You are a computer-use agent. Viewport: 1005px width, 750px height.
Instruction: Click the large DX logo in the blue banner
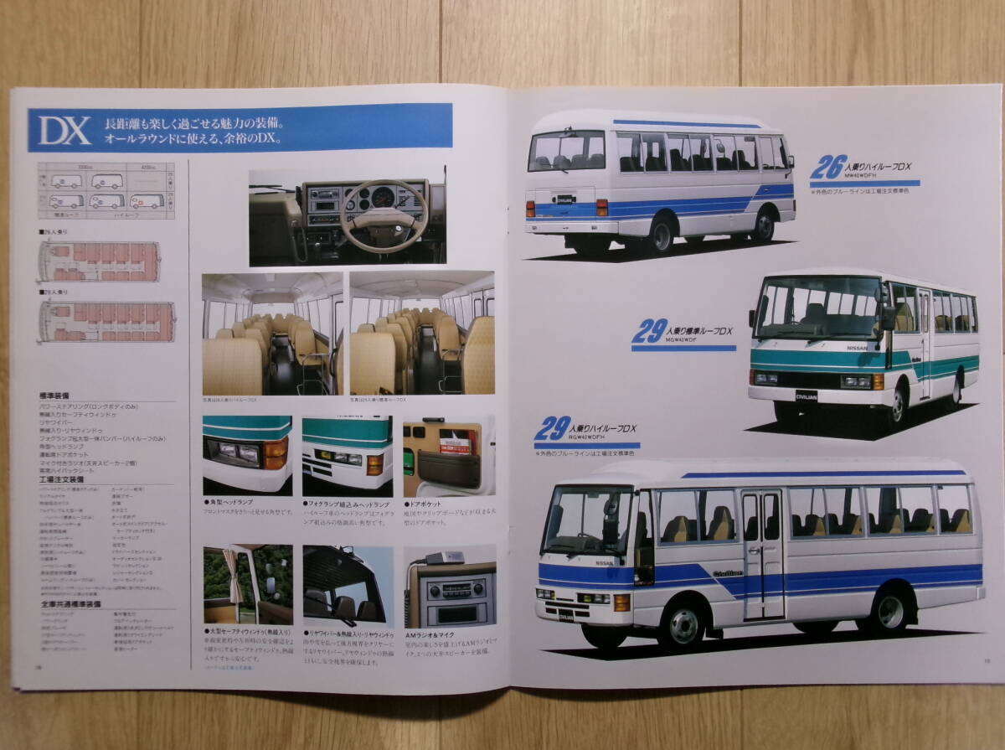pos(64,130)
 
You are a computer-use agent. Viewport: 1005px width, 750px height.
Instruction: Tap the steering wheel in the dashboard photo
pos(384,215)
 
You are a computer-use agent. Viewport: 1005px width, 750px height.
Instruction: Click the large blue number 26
pos(827,167)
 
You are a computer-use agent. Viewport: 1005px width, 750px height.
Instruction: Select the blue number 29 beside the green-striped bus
pos(649,331)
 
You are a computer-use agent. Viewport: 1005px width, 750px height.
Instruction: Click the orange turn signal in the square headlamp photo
pos(276,453)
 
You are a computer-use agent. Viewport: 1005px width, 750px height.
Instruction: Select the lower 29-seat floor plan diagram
pos(106,321)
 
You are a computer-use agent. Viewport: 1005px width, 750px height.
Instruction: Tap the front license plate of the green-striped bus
pos(807,396)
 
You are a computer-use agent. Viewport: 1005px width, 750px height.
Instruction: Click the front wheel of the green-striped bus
pos(897,406)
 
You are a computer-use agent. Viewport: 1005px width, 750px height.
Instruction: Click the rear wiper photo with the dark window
pos(347,584)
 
